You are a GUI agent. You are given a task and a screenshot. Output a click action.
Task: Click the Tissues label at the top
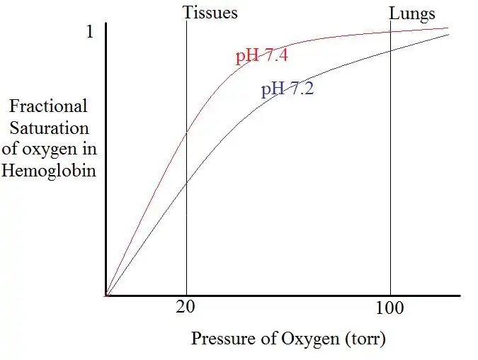click(210, 13)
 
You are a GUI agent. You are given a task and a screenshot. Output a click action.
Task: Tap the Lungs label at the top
click(411, 13)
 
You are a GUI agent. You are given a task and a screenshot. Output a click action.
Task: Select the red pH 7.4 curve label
click(261, 56)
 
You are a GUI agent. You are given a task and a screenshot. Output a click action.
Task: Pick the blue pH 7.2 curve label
click(288, 89)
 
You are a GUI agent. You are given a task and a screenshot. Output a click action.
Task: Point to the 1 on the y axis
click(89, 33)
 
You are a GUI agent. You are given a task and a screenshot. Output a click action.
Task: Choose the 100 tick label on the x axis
click(389, 308)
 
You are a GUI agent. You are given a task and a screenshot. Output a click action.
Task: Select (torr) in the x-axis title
click(365, 339)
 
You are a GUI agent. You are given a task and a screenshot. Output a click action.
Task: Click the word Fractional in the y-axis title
click(49, 106)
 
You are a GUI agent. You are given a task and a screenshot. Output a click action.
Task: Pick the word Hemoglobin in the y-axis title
click(49, 171)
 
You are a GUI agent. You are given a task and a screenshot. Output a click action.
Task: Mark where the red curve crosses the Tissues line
click(186, 133)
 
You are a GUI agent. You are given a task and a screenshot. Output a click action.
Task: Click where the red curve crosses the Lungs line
click(390, 32)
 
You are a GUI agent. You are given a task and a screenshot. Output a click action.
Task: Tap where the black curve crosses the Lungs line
click(390, 50)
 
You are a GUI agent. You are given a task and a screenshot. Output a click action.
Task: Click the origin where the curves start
click(106, 295)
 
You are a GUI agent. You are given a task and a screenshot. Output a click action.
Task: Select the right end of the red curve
click(448, 28)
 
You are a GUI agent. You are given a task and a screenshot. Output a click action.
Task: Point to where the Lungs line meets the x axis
click(390, 295)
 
